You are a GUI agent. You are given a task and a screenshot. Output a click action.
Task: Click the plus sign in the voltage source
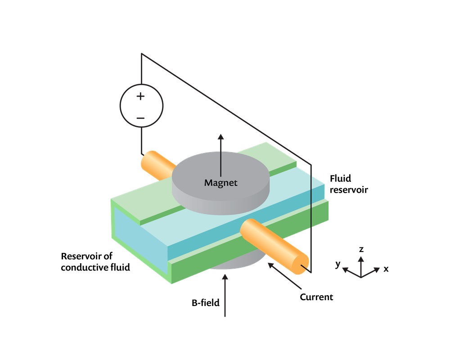pyautogui.click(x=141, y=96)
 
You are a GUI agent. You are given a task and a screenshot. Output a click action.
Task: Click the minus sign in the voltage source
pyautogui.click(x=141, y=118)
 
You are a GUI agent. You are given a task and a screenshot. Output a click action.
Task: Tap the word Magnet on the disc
pyautogui.click(x=220, y=183)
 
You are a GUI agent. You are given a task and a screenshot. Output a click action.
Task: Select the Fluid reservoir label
pyautogui.click(x=349, y=184)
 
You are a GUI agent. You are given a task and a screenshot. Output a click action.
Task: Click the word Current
pyautogui.click(x=317, y=297)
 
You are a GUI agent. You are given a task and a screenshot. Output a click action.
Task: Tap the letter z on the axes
pyautogui.click(x=361, y=249)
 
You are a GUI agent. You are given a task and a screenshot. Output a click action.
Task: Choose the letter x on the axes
pyautogui.click(x=386, y=269)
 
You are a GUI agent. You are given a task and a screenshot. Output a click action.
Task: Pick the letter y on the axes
pyautogui.click(x=337, y=265)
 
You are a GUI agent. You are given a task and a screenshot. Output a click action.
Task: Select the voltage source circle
pyautogui.click(x=141, y=107)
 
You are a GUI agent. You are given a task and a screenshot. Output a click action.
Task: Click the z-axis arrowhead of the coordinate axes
pyautogui.click(x=360, y=258)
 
